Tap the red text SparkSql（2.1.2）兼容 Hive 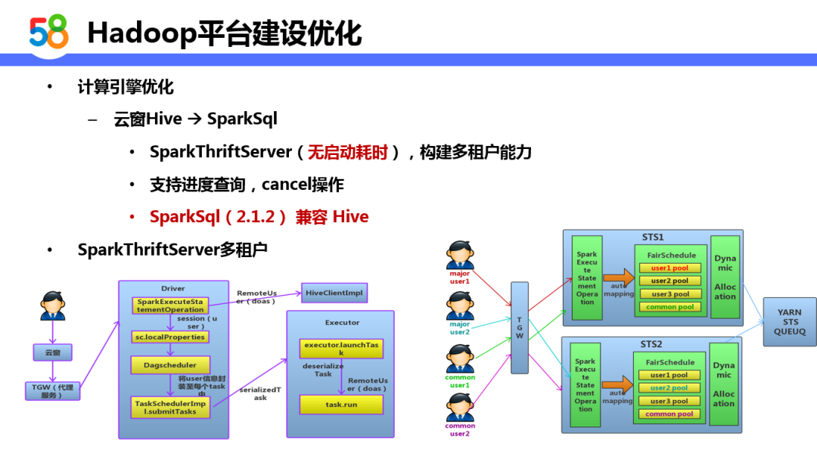pos(259,217)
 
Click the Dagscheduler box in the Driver pos(169,364)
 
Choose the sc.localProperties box pos(169,337)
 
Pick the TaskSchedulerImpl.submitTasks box pos(170,407)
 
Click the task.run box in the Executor pos(341,405)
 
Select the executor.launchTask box pos(340,348)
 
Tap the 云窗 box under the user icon pos(52,352)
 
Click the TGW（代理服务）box pos(52,390)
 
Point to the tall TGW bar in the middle pos(519,327)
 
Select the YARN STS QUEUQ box pos(789,321)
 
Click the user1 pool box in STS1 pos(670,268)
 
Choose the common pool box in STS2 pos(669,414)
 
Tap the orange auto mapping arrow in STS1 pos(618,278)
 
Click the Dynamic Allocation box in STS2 pos(724,383)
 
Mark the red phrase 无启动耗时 pos(347,152)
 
